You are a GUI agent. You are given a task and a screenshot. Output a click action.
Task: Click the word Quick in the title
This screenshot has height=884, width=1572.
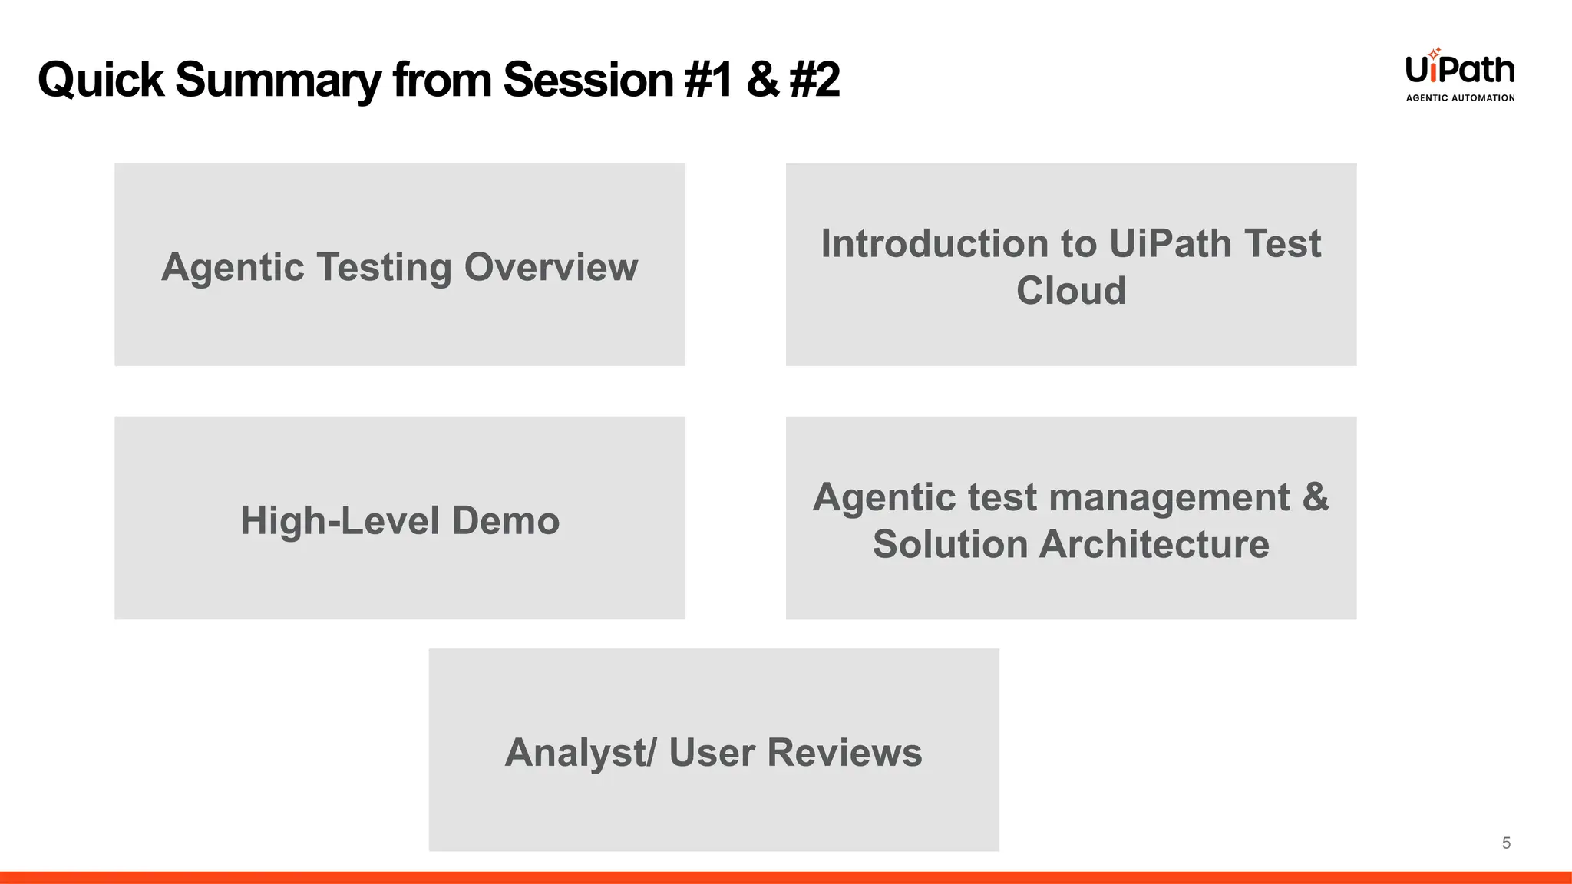point(101,80)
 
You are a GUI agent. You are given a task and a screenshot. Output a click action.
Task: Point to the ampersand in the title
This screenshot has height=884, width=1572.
point(762,80)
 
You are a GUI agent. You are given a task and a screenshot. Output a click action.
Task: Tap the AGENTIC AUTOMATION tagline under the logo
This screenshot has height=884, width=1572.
point(1460,97)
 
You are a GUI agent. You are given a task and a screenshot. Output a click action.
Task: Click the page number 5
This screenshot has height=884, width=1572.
point(1506,843)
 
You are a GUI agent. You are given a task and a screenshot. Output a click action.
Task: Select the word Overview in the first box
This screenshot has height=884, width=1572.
point(551,267)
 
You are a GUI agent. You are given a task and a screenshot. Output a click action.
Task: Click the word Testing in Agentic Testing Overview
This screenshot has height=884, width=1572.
point(384,267)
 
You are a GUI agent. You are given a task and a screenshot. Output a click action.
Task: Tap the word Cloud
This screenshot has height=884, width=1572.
point(1071,291)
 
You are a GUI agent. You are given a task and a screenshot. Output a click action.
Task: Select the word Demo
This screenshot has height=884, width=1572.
point(505,520)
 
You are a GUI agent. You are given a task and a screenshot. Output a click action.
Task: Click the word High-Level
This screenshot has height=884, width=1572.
point(340,520)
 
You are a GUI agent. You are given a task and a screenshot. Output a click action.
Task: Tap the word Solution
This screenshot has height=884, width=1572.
point(949,544)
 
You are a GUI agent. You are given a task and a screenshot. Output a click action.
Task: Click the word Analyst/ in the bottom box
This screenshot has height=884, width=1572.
point(580,752)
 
